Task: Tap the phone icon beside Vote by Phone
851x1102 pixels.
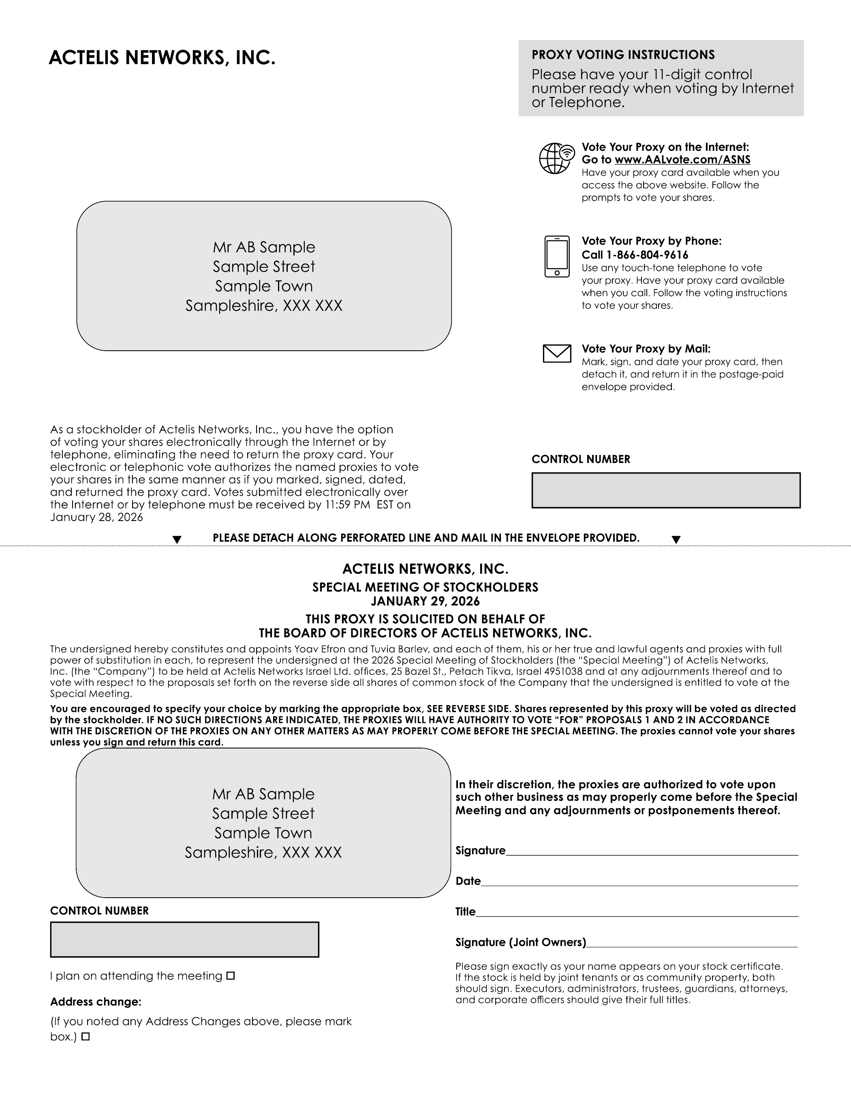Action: coord(557,256)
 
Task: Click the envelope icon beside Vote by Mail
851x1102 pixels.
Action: coord(557,353)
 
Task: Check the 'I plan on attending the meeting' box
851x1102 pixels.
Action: coord(231,976)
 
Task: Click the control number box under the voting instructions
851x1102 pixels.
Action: coord(666,490)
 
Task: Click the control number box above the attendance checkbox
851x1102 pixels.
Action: coord(185,939)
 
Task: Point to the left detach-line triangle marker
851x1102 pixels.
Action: coord(177,540)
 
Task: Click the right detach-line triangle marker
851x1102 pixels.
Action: coord(676,540)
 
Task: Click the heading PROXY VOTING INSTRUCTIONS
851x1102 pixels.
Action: coord(623,55)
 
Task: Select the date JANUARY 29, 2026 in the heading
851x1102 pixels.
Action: coord(425,601)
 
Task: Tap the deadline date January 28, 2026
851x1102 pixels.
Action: coord(96,517)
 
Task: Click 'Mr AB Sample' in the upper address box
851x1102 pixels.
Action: coord(264,247)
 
